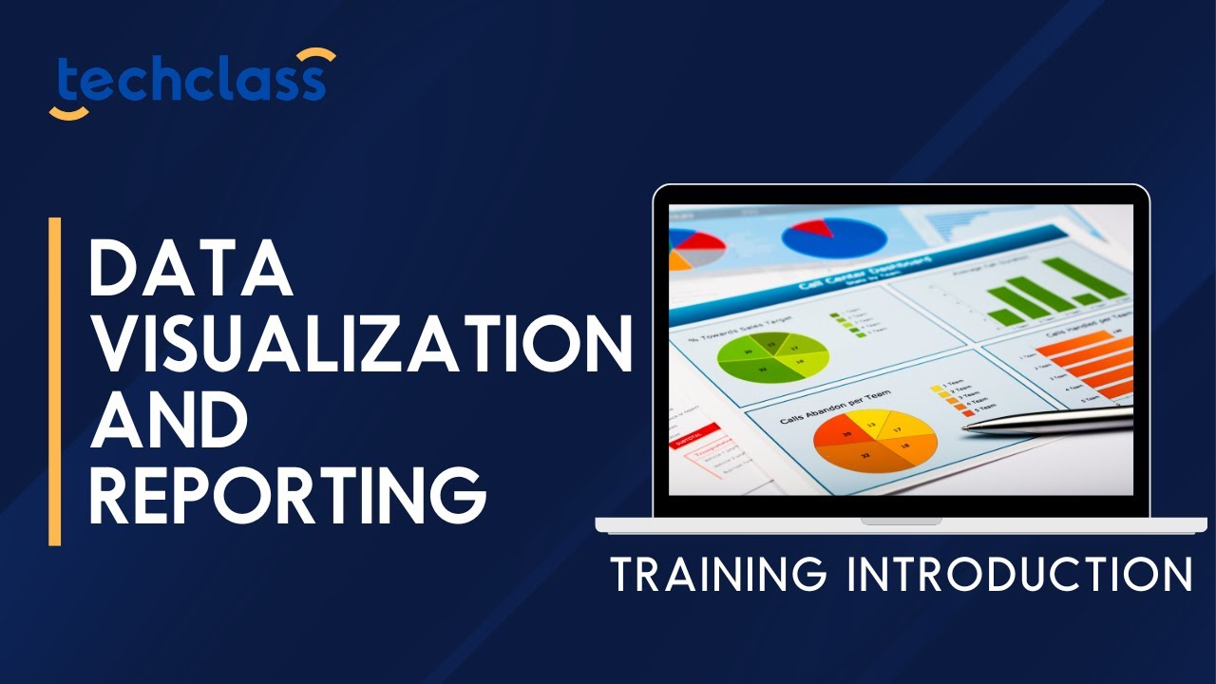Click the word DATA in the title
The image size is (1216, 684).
coord(190,268)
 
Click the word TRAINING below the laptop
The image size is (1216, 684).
coord(718,575)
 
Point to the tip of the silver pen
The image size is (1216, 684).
coord(965,427)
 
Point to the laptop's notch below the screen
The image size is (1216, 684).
coord(901,521)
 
